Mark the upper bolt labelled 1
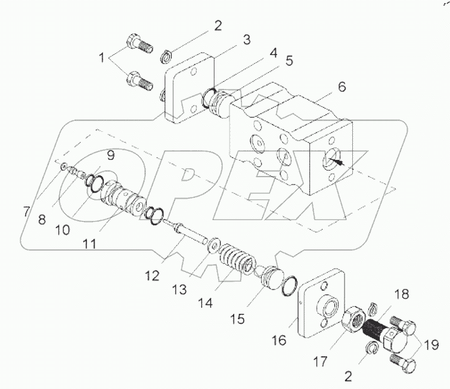click(138, 46)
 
